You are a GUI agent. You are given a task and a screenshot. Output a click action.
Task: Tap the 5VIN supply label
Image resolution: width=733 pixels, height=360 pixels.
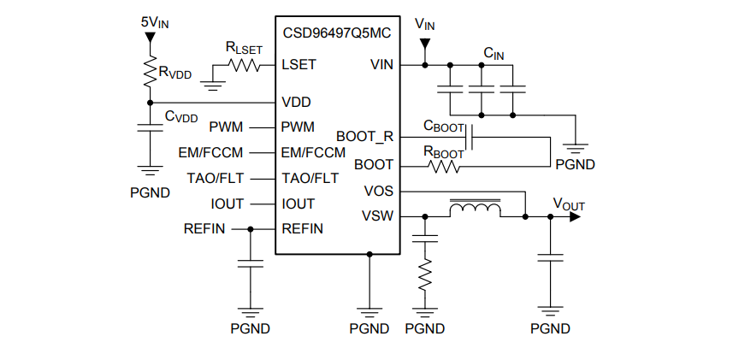tap(155, 21)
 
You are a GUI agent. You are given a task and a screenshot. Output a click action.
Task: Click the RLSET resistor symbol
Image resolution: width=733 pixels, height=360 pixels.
tap(245, 64)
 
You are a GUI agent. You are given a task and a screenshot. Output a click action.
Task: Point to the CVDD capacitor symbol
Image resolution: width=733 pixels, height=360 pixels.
tap(151, 127)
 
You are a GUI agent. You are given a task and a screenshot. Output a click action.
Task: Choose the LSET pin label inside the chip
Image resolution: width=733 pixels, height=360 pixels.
tap(299, 64)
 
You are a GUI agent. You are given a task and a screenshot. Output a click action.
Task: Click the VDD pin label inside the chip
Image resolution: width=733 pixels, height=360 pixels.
tap(296, 101)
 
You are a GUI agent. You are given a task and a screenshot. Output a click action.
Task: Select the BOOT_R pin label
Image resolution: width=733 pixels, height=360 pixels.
tap(365, 136)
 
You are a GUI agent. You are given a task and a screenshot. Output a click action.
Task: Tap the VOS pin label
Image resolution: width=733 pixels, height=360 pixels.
tap(379, 191)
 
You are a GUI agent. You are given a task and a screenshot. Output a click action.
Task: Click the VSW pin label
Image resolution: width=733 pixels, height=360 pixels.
tap(378, 215)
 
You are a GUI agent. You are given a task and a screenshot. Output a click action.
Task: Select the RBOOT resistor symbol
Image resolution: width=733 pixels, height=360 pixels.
tap(446, 165)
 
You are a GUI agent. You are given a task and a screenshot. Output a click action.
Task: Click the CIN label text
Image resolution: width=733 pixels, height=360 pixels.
tap(494, 53)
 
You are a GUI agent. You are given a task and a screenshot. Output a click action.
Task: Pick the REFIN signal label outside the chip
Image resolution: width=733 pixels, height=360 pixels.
tap(204, 229)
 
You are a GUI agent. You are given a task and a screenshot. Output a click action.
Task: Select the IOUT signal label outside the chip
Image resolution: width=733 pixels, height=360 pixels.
tap(228, 204)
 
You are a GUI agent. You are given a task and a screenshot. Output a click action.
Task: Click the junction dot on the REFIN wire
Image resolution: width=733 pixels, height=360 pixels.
tap(251, 229)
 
